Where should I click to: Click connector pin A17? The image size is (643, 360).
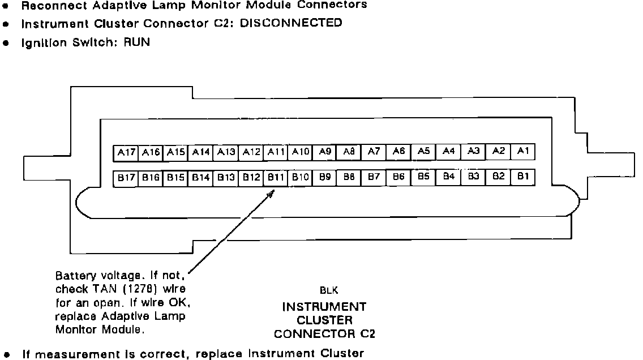(126, 152)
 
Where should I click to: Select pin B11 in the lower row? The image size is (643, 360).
(275, 177)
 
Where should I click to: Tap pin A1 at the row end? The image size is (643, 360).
(523, 151)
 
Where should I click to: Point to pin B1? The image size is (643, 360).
(523, 177)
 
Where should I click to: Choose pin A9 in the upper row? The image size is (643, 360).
(324, 152)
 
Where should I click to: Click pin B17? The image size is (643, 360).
(126, 177)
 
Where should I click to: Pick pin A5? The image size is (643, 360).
(423, 151)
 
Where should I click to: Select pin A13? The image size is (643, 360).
(226, 152)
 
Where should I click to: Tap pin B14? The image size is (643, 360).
(200, 177)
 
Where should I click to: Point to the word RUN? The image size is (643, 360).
(136, 42)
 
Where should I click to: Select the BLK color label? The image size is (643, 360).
(329, 291)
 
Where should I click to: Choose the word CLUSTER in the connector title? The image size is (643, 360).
(325, 320)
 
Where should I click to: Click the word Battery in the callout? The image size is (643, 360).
(73, 276)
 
